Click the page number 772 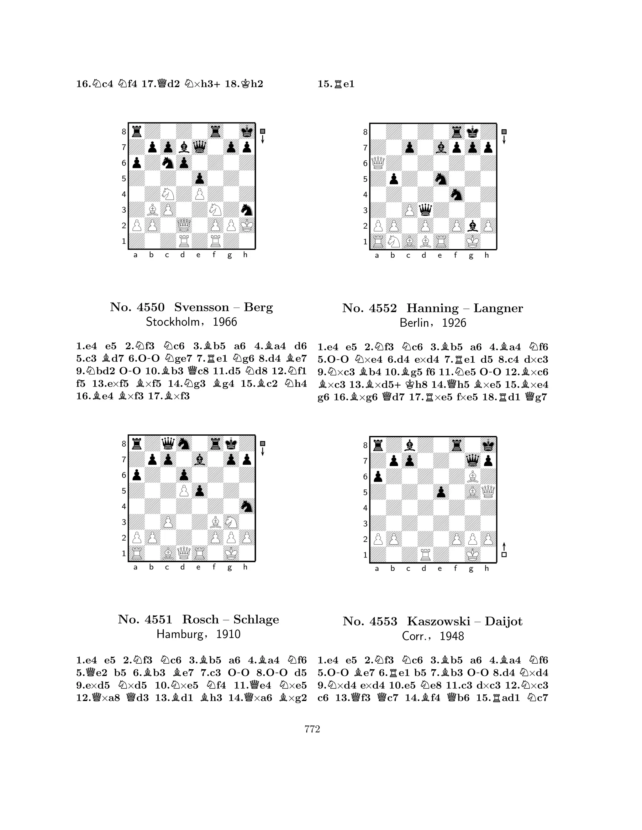[x=312, y=729]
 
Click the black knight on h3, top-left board [x=247, y=210]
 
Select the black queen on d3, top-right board [x=425, y=210]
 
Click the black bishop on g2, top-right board [x=472, y=226]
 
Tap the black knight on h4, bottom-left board [x=247, y=506]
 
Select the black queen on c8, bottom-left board [x=168, y=444]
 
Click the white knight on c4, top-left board [x=168, y=194]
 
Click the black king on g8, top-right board [x=472, y=132]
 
